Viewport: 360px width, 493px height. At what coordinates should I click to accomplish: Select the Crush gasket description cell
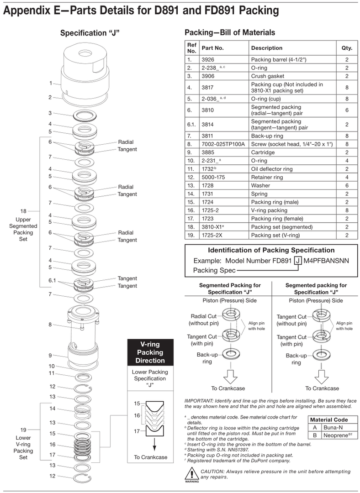(x=267, y=76)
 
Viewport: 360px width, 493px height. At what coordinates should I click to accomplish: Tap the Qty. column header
(x=347, y=48)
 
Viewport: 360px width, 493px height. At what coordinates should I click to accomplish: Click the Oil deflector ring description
(x=272, y=169)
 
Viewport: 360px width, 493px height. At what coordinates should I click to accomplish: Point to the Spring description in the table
(x=259, y=194)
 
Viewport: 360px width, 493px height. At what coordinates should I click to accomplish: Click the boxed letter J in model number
(x=297, y=261)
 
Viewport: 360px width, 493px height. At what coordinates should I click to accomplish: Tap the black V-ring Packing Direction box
(x=150, y=352)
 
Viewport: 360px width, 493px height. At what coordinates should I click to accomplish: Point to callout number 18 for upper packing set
(x=23, y=211)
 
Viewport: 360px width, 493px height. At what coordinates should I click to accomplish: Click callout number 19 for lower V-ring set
(x=23, y=430)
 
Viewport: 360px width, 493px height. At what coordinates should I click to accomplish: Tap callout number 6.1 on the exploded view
(x=52, y=280)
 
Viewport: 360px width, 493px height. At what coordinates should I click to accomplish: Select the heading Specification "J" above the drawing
(x=90, y=33)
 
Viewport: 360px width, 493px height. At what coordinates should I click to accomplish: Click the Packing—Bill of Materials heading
(x=230, y=32)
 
